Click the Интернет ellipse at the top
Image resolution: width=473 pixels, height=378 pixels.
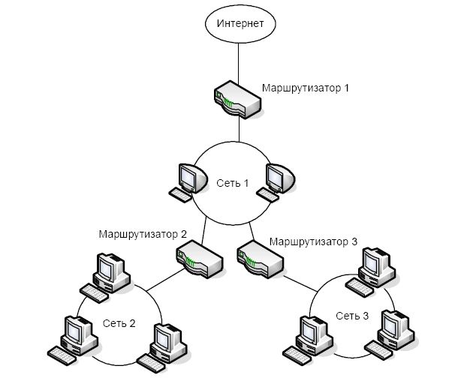(240, 22)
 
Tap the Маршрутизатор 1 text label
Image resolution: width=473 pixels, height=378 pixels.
(306, 88)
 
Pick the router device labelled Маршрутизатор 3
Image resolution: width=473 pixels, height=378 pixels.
(259, 257)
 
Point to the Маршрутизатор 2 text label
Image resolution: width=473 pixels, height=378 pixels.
(142, 233)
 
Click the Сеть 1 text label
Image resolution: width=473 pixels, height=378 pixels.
(233, 184)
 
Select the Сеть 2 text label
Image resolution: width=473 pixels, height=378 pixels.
(120, 324)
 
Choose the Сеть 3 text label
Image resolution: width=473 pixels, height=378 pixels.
(352, 316)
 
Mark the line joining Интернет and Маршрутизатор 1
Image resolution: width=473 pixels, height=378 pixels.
(239, 61)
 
